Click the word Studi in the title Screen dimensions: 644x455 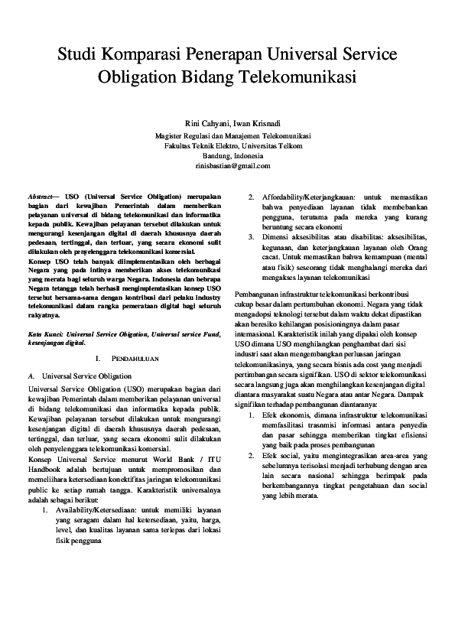click(x=80, y=56)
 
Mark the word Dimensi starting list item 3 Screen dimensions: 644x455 click(x=275, y=237)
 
